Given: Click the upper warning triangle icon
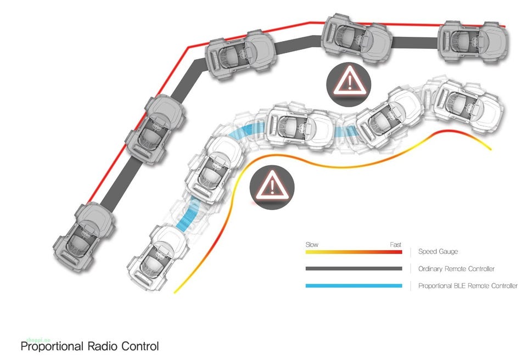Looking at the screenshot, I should [x=349, y=83].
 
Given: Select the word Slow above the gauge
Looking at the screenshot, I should [x=312, y=245].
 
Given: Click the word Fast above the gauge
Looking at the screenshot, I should [x=395, y=245].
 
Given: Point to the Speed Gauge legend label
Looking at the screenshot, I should [x=438, y=252].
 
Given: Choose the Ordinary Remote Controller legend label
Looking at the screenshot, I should [x=456, y=269].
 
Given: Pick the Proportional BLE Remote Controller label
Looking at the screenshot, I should [x=468, y=286].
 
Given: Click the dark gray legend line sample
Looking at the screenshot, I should [x=354, y=269].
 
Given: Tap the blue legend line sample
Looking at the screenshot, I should [x=354, y=286].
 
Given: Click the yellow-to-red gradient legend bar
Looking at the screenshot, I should [x=354, y=252].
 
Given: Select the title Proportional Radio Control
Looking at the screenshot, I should [x=89, y=347].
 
